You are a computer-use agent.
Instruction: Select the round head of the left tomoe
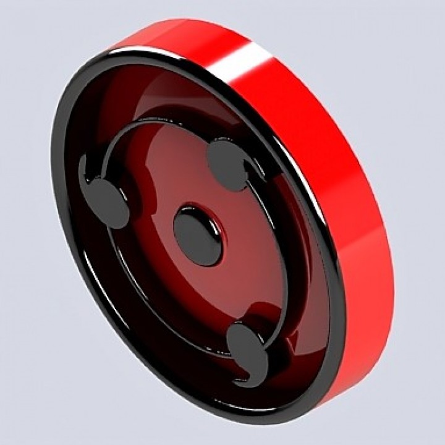(107, 203)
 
